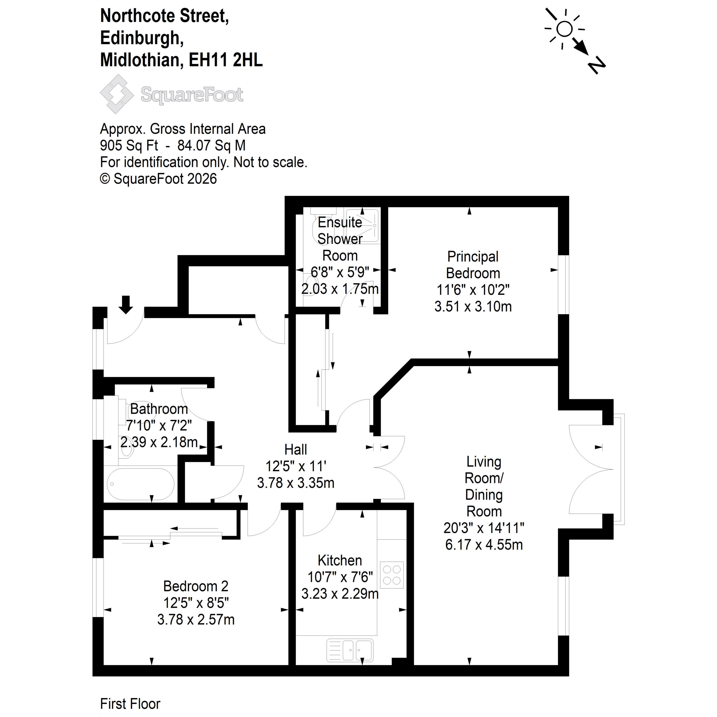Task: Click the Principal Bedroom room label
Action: tap(473, 265)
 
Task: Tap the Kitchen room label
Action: tap(339, 560)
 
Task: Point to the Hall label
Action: tap(295, 450)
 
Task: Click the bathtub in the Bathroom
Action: tap(141, 484)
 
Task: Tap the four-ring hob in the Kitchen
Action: tap(392, 575)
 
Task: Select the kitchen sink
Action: tap(350, 650)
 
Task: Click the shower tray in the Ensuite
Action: tap(362, 226)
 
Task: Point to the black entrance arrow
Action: tap(126, 305)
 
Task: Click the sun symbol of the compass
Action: tap(564, 29)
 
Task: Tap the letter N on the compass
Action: tap(596, 66)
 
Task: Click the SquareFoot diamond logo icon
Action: tap(117, 94)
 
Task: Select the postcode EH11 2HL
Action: tap(226, 60)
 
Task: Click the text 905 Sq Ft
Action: tap(129, 145)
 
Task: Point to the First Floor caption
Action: tap(130, 703)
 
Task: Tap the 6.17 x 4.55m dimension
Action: tap(484, 544)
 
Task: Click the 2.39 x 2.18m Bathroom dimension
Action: tap(159, 442)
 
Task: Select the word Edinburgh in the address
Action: tap(142, 38)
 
